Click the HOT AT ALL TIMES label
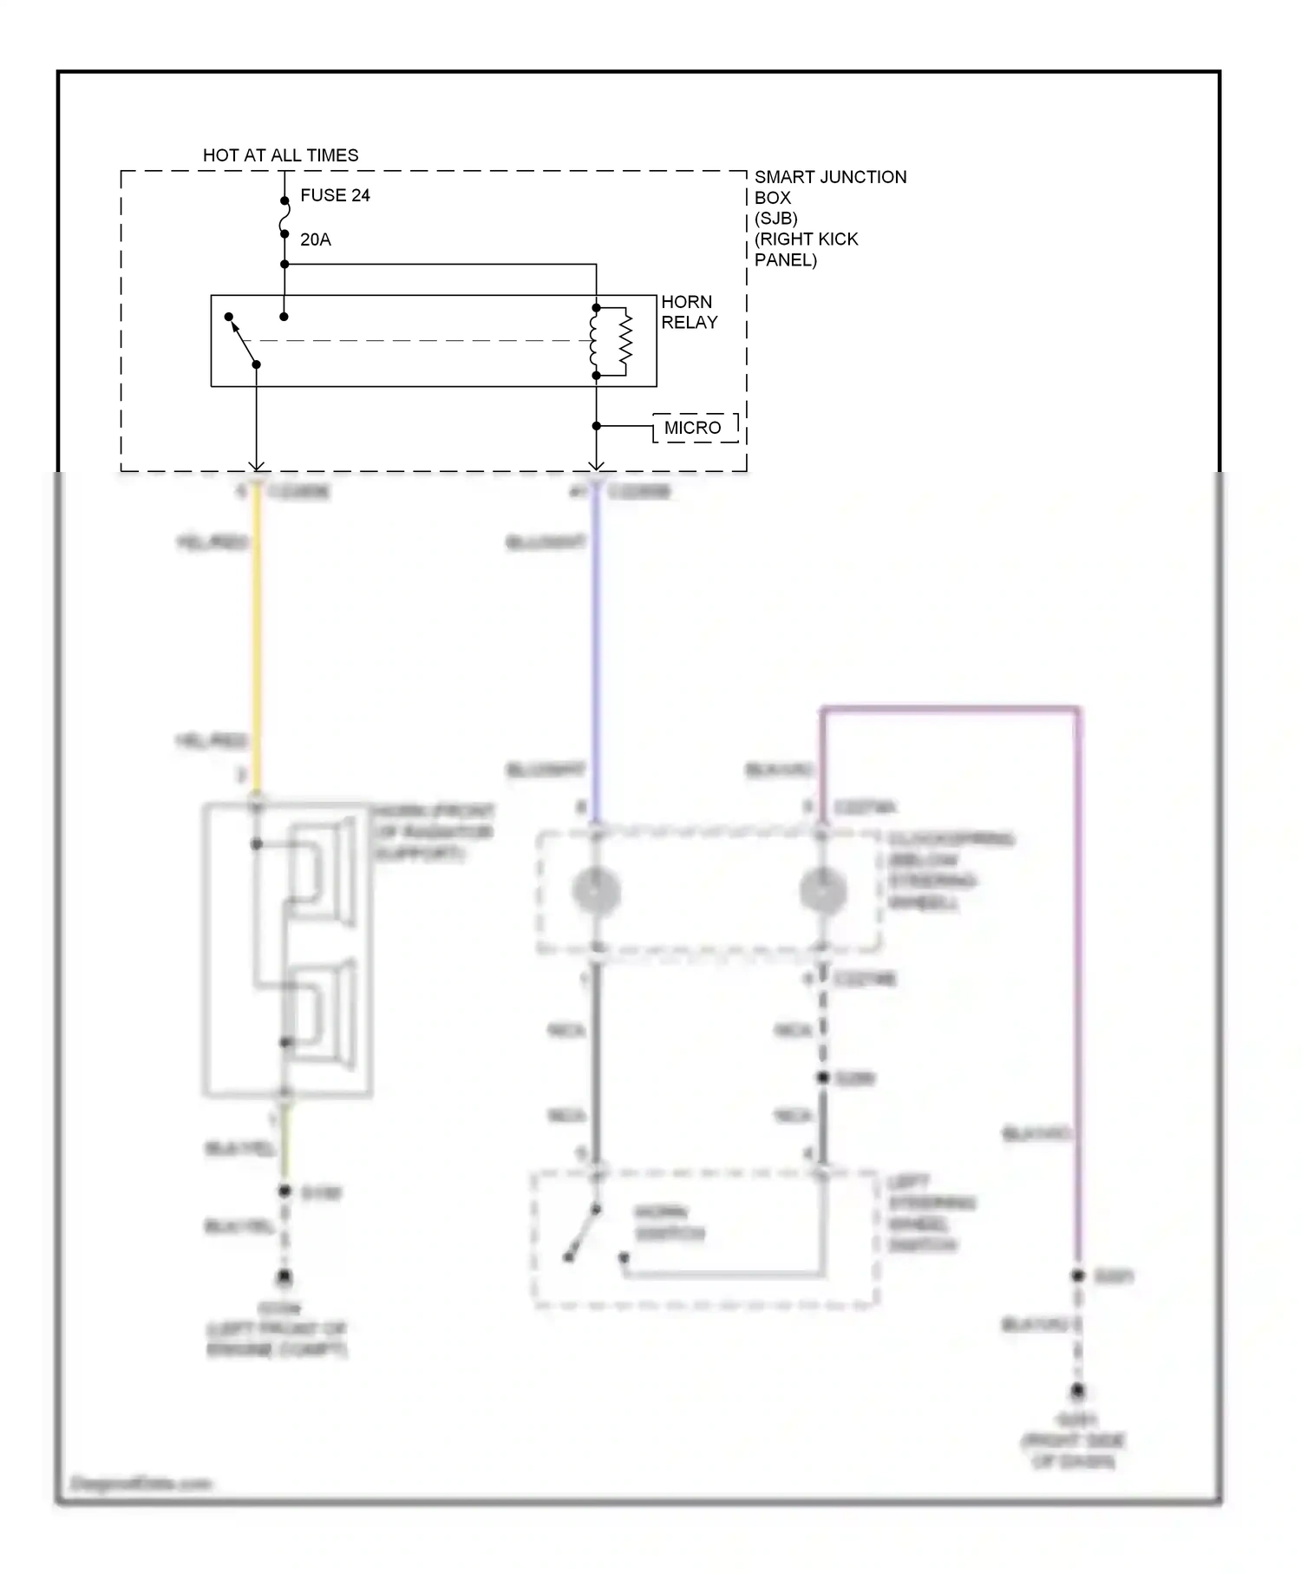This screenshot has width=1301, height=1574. pyautogui.click(x=280, y=155)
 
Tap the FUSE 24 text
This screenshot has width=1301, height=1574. pyautogui.click(x=335, y=195)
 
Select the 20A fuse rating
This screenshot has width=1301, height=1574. pyautogui.click(x=316, y=239)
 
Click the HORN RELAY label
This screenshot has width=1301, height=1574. pyautogui.click(x=689, y=312)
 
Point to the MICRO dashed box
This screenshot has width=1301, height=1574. pyautogui.click(x=695, y=428)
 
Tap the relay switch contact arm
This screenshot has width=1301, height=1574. pyautogui.click(x=243, y=341)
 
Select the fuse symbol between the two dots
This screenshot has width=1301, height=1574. pyautogui.click(x=284, y=218)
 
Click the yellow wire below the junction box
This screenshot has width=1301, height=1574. pyautogui.click(x=257, y=642)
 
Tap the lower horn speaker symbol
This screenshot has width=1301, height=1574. pyautogui.click(x=323, y=1013)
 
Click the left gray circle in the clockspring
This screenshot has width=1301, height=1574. pyautogui.click(x=596, y=891)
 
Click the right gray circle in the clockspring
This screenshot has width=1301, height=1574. pyautogui.click(x=822, y=891)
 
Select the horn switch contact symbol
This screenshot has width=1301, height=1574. pyautogui.click(x=583, y=1232)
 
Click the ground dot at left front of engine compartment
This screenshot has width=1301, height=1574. pyautogui.click(x=284, y=1277)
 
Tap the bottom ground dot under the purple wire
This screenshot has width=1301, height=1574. pyautogui.click(x=1077, y=1391)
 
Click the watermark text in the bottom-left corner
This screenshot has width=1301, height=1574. pyautogui.click(x=141, y=1483)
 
